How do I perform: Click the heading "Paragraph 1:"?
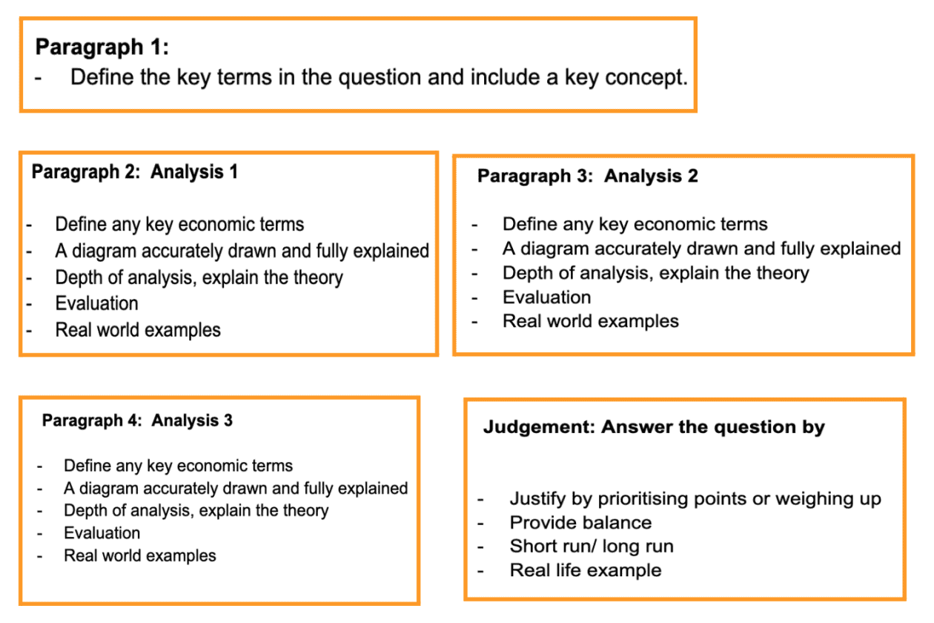102,47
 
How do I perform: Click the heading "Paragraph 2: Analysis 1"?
134,172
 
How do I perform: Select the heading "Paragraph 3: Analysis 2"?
587,176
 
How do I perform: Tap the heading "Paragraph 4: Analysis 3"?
137,421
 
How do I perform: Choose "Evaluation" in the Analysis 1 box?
96,303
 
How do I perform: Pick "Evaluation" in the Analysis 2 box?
546,297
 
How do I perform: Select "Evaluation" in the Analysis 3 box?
102,533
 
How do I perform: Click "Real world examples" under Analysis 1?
138,329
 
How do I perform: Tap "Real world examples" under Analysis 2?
590,321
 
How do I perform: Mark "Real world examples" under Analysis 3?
140,556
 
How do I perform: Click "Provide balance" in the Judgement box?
580,522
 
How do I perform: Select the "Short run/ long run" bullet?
592,547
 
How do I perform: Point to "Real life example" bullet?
586,570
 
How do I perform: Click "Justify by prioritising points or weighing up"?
695,499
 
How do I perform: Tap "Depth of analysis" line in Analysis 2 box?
655,273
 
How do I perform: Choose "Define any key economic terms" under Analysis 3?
178,466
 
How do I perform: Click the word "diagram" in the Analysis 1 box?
101,251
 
